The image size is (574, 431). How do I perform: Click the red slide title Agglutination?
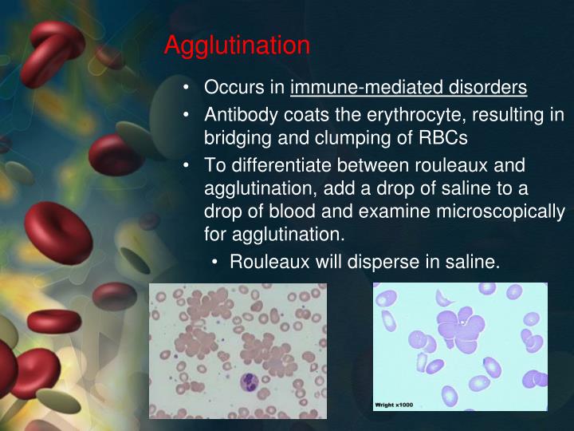point(237,45)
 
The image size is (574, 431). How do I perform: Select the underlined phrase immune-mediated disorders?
point(408,86)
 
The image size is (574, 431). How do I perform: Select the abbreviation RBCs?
point(440,137)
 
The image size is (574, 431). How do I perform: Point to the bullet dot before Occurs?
point(186,86)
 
